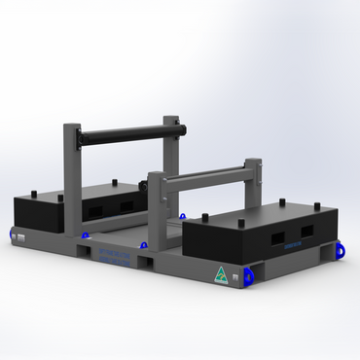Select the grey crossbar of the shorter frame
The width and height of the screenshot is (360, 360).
tap(204, 176)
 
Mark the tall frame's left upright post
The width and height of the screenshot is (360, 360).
tap(71, 180)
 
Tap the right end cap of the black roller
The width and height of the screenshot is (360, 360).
tap(181, 127)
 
